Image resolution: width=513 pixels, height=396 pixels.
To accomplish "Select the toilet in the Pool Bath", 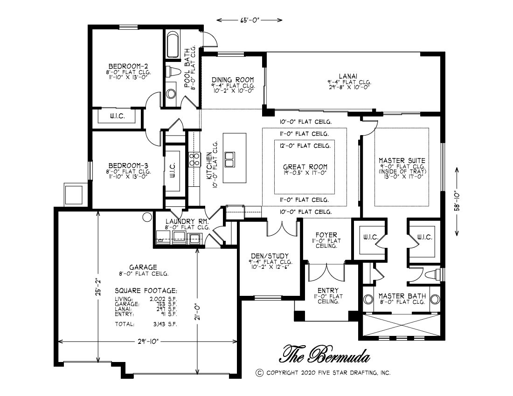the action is point(173,72).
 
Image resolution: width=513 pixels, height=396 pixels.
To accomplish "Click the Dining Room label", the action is point(233,80).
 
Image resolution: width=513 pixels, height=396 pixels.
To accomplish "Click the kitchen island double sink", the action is point(229,159).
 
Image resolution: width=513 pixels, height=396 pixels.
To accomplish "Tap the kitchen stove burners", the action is point(194,159).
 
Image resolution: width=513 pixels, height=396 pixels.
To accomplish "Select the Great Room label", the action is point(305,167).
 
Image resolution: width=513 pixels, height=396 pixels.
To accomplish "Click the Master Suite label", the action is point(402,160).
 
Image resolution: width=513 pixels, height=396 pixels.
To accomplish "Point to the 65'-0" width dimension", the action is point(250,20).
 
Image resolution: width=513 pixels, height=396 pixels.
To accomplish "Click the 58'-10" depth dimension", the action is point(457,202).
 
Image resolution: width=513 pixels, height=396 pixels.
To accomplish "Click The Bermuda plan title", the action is point(325,354).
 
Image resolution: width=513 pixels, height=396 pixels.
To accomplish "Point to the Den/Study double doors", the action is point(282,229).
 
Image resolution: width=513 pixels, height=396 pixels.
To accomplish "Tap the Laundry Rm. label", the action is point(187,221).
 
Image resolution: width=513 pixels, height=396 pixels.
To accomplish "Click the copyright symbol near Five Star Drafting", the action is point(259,373).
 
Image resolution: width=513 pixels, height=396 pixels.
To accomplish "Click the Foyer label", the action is point(326,235).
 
